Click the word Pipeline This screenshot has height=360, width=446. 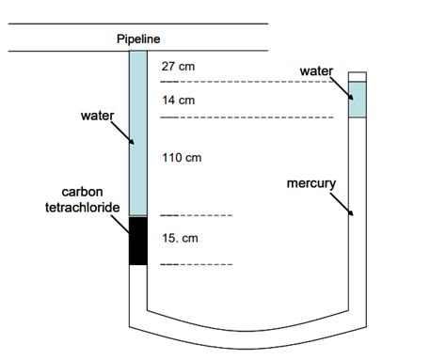pos(138,39)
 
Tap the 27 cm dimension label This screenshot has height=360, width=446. pos(179,68)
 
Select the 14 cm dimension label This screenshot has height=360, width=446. pos(179,100)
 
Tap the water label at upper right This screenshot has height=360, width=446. pos(317,70)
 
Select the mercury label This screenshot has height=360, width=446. pos(311,182)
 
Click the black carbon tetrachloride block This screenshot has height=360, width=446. pos(138,240)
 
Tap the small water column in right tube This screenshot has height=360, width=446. pos(357,100)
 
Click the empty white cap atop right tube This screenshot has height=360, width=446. pos(357,76)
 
